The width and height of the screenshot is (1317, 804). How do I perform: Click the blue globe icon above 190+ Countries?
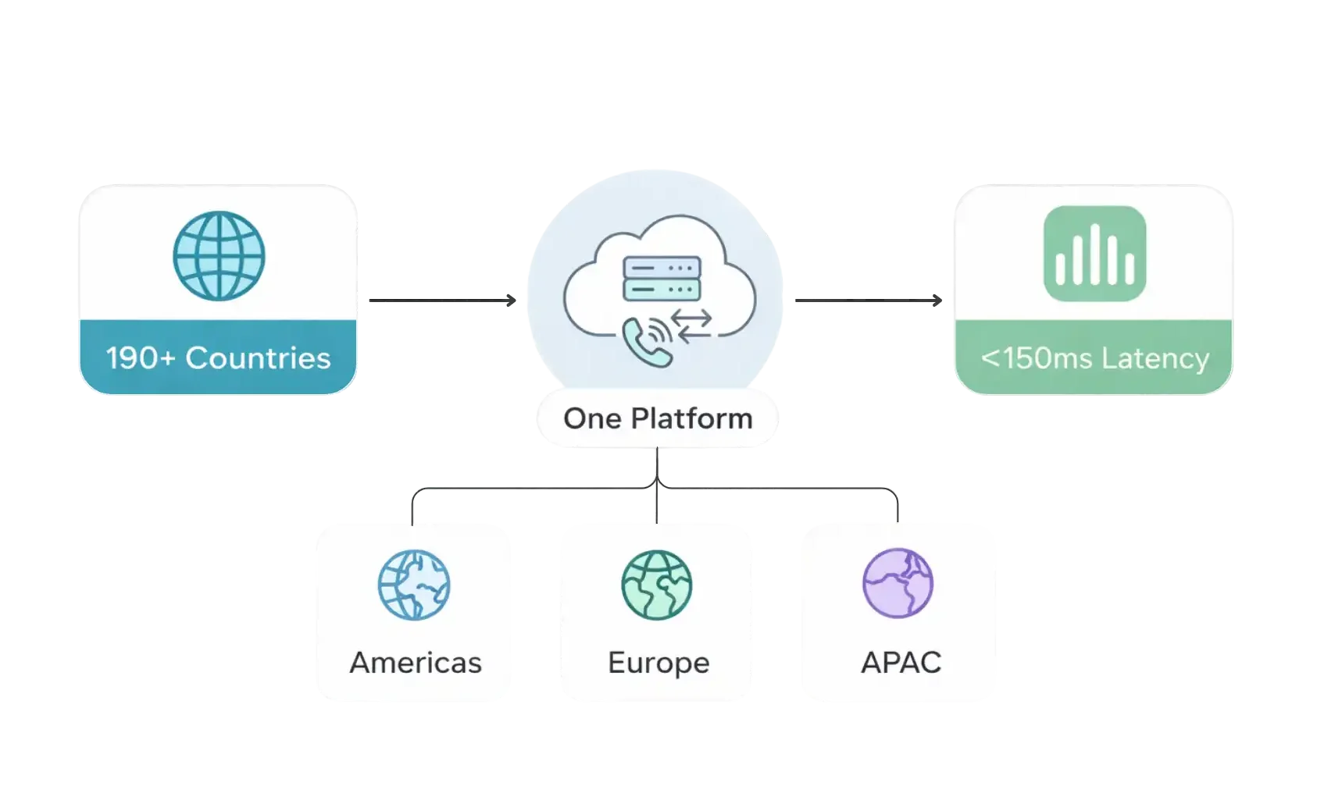pyautogui.click(x=219, y=256)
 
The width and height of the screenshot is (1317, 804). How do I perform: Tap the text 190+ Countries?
pyautogui.click(x=218, y=358)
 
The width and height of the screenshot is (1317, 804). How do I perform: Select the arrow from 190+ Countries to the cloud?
pyautogui.click(x=442, y=301)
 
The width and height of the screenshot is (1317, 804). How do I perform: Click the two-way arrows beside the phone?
pyautogui.click(x=694, y=326)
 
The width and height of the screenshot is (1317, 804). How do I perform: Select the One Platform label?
pyautogui.click(x=658, y=418)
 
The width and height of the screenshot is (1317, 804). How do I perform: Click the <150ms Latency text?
pyautogui.click(x=1094, y=358)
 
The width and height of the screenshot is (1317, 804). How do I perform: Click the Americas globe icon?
pyautogui.click(x=414, y=585)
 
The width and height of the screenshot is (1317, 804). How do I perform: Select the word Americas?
pyautogui.click(x=416, y=663)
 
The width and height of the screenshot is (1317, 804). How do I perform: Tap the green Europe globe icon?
pyautogui.click(x=658, y=585)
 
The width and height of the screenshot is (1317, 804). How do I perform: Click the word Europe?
pyautogui.click(x=658, y=663)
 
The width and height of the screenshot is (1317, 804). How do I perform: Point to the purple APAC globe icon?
pyautogui.click(x=898, y=583)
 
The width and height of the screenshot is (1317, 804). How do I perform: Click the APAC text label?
pyautogui.click(x=901, y=663)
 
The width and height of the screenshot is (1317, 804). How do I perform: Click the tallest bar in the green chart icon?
pyautogui.click(x=1095, y=253)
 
